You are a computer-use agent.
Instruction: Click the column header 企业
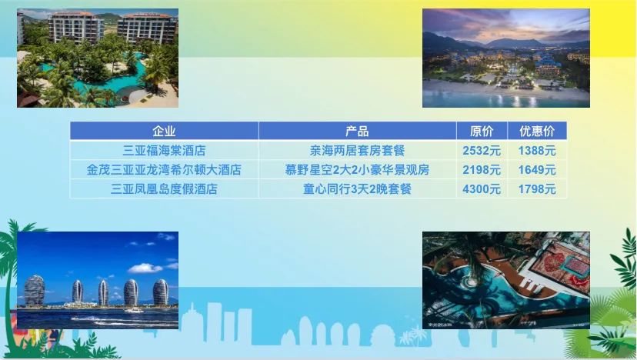coord(164,132)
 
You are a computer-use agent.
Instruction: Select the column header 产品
coord(357,132)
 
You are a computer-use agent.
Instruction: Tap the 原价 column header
coord(482,132)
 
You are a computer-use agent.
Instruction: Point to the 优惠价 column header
coord(537,132)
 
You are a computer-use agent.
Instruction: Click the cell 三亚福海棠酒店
coord(164,151)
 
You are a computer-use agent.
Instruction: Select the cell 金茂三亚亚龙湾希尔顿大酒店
coord(164,170)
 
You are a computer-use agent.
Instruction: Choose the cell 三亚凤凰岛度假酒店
coord(164,189)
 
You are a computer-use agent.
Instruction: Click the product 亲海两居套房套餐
coord(357,151)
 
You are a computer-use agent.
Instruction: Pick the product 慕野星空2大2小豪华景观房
coord(357,170)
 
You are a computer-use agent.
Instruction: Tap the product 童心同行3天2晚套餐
coord(357,189)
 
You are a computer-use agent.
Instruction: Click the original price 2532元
coord(482,151)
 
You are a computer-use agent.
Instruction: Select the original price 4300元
coord(482,189)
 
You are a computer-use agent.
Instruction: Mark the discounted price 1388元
coord(537,151)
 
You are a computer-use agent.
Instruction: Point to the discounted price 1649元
coord(537,170)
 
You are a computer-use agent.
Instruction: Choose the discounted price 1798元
coord(537,189)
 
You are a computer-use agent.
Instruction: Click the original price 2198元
coord(482,170)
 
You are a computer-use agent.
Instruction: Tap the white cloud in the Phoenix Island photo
coord(145,268)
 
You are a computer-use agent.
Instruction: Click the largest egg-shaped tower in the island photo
coord(35,291)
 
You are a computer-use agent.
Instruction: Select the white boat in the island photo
coord(134,311)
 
